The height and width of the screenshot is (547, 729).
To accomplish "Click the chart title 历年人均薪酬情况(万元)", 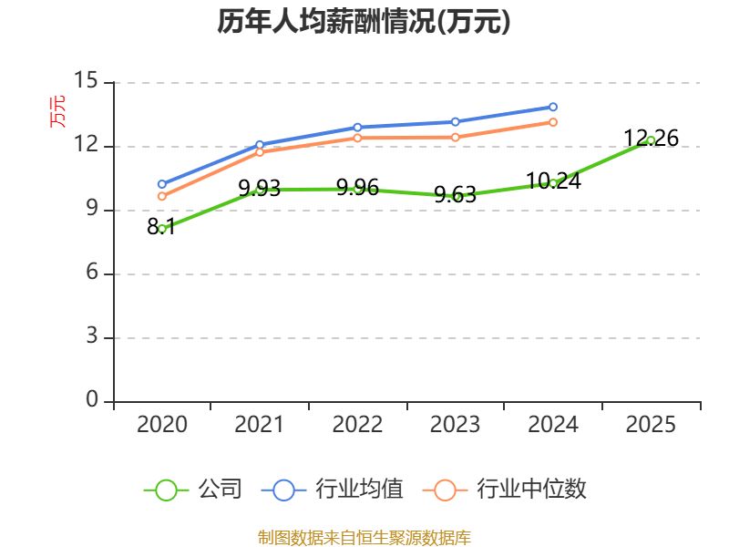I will (364, 22).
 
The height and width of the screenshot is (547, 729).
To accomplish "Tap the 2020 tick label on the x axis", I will (161, 424).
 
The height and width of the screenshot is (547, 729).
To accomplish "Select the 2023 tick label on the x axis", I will (455, 424).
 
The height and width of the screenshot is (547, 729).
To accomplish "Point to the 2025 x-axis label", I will (651, 424).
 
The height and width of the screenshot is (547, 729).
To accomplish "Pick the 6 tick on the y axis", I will (92, 273).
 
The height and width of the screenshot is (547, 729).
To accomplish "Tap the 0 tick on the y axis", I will (92, 401).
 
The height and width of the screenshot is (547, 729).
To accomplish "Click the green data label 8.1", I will (161, 227).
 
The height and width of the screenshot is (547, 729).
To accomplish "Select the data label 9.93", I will (260, 189).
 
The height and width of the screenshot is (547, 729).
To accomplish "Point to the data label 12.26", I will (651, 139).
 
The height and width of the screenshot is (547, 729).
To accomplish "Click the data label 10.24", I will (553, 181).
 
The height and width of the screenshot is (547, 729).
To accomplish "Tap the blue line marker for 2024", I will (553, 107).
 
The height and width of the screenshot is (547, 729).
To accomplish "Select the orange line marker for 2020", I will (162, 196).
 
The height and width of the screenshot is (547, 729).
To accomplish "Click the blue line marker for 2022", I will (357, 127).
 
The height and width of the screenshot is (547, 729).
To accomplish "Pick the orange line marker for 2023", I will (456, 137).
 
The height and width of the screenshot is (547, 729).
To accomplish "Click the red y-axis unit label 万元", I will (57, 112).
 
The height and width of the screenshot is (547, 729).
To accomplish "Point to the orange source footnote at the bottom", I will (364, 537).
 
